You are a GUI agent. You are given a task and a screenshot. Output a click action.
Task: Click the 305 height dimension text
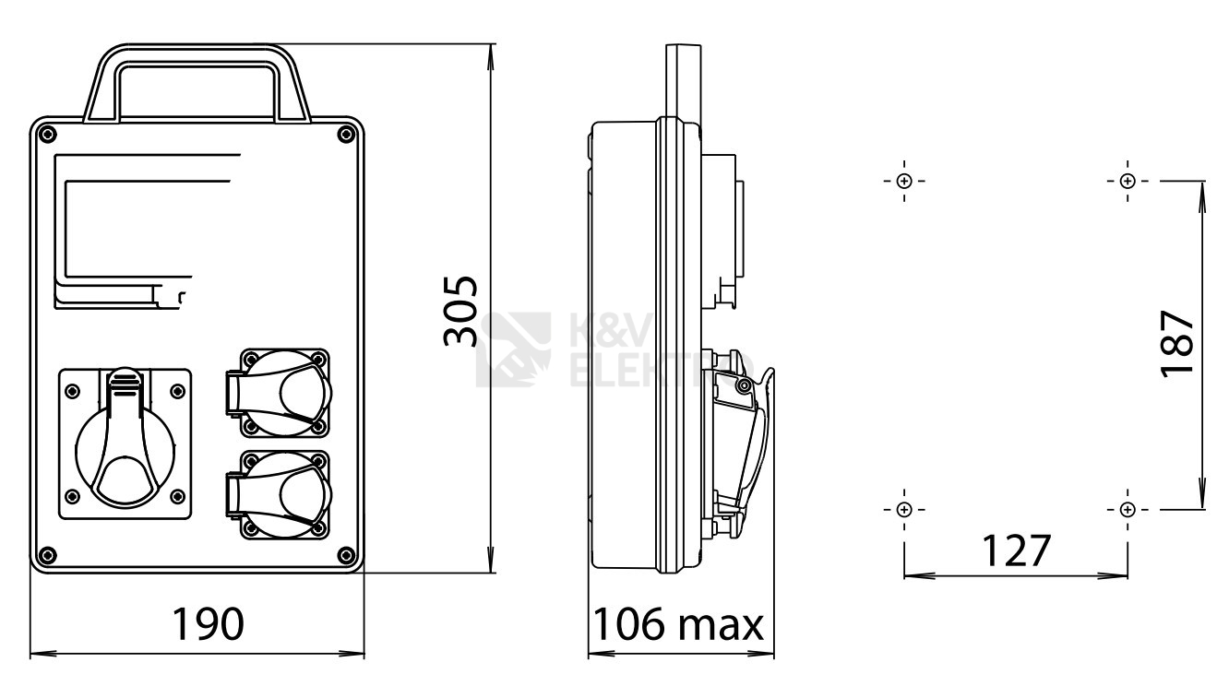click(x=460, y=311)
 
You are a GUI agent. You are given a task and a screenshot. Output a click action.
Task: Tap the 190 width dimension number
click(x=208, y=624)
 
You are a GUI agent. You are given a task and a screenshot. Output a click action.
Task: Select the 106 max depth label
click(x=678, y=624)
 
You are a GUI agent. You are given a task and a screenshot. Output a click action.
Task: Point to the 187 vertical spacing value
click(x=1177, y=344)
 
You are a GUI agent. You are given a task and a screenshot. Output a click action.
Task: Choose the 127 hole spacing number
click(x=1016, y=550)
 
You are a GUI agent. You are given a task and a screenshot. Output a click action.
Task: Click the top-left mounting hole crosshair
click(x=903, y=181)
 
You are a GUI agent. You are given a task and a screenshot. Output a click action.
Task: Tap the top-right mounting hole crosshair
click(x=1128, y=181)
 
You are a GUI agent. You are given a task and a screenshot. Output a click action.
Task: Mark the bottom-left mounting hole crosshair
click(x=903, y=510)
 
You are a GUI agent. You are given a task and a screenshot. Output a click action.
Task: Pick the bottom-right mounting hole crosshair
click(x=1128, y=510)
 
